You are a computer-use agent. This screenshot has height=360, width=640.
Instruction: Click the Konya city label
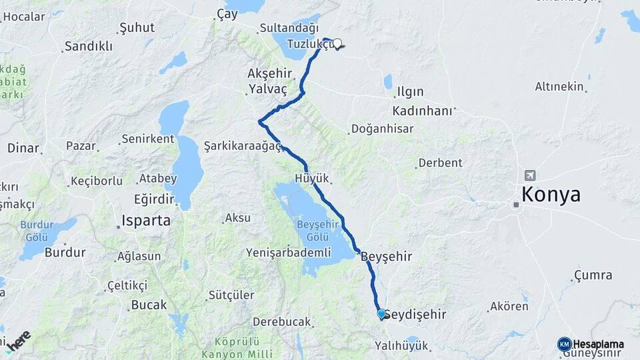pyautogui.click(x=551, y=195)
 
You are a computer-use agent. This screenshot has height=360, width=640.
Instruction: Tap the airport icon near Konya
pyautogui.click(x=530, y=175)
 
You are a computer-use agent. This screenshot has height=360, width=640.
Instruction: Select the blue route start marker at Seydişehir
pyautogui.click(x=381, y=313)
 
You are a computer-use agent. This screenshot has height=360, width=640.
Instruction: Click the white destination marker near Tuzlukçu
pyautogui.click(x=337, y=44)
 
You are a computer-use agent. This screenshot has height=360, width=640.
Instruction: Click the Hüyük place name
pyautogui.click(x=312, y=178)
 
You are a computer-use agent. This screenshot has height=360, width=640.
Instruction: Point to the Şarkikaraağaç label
pyautogui.click(x=243, y=145)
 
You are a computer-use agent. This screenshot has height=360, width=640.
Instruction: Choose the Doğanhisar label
pyautogui.click(x=382, y=129)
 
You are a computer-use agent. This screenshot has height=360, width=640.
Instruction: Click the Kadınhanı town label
pyautogui.click(x=423, y=110)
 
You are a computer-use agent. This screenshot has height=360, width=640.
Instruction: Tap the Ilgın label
pyautogui.click(x=410, y=91)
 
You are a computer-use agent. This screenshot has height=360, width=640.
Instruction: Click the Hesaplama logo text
pyautogui.click(x=598, y=345)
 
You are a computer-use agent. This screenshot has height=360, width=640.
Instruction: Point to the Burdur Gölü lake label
pyautogui.click(x=36, y=230)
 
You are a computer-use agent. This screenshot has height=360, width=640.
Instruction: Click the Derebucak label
pyautogui.click(x=282, y=322)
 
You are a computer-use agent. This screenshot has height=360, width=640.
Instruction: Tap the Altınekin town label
pyautogui.click(x=559, y=87)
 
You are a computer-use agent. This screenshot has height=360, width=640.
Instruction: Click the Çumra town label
pyautogui.click(x=593, y=275)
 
